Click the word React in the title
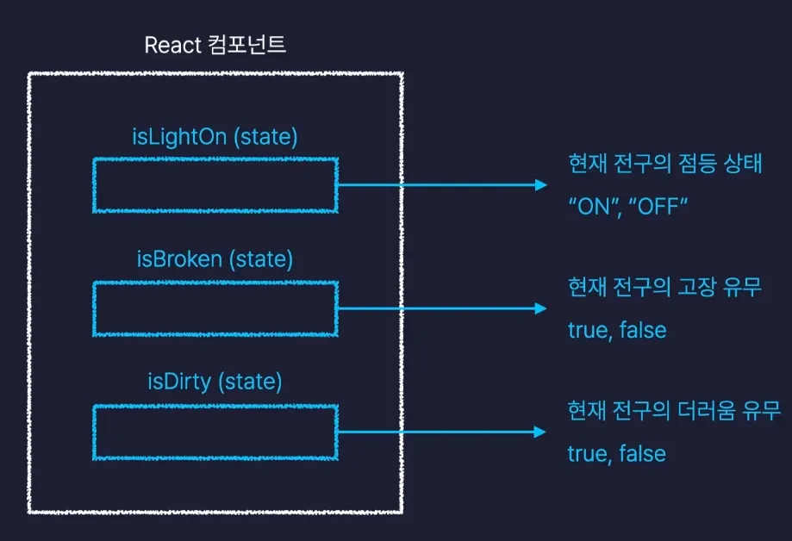173,46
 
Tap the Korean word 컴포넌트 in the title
247,46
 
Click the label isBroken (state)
215,258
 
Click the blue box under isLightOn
215,184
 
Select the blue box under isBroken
215,308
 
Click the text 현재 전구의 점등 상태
664,165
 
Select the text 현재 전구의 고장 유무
664,288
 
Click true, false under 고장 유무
617,330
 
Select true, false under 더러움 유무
617,453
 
